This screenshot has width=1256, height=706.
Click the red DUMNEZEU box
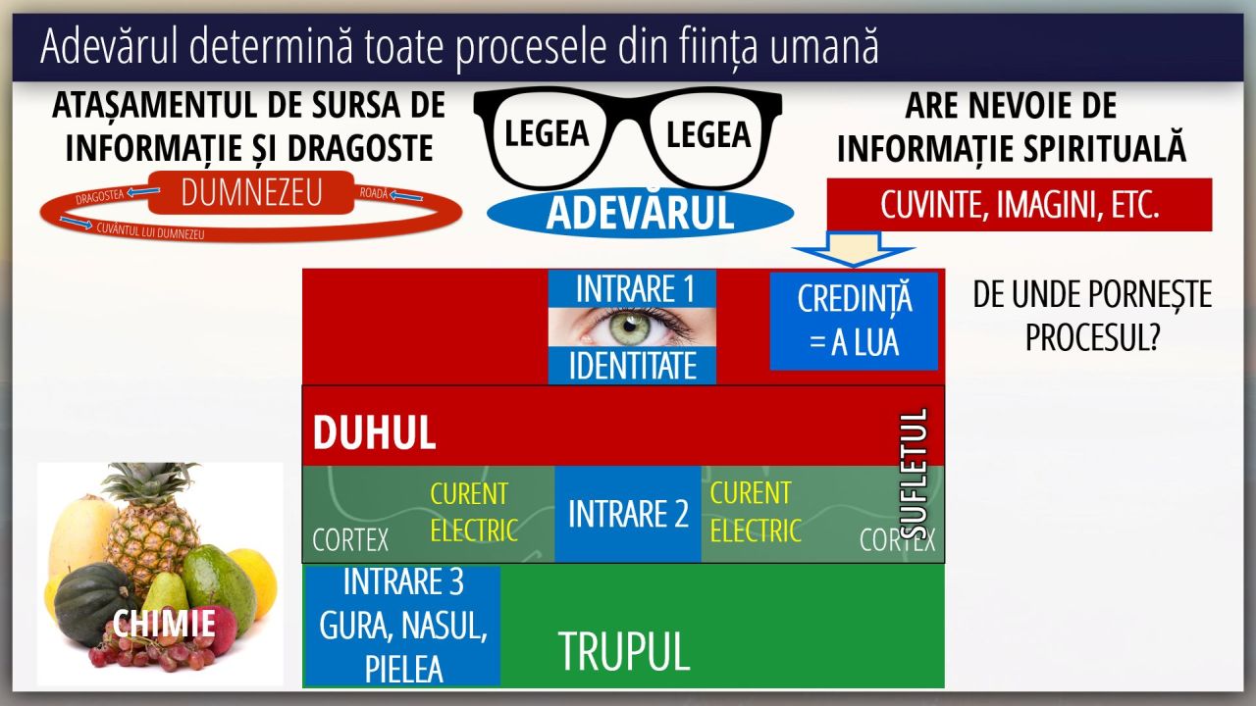(251, 192)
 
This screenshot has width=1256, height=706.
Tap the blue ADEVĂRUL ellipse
(641, 213)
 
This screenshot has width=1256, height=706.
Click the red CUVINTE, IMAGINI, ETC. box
(1020, 205)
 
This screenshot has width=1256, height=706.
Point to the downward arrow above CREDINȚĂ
(854, 249)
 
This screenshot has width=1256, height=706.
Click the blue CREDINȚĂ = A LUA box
(854, 321)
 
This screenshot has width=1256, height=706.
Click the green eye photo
(633, 327)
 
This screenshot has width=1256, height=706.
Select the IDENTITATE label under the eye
(633, 366)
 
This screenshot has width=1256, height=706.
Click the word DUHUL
(374, 432)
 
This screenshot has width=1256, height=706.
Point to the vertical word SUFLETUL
(914, 474)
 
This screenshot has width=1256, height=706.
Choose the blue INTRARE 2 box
(628, 514)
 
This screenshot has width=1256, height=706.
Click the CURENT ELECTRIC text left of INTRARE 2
(474, 512)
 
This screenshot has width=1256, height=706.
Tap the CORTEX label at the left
(350, 540)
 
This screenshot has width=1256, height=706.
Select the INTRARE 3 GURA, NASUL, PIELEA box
(402, 626)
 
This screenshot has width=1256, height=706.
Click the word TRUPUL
(624, 650)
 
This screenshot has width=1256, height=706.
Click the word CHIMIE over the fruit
(164, 623)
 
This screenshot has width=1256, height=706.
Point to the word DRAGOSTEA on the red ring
(100, 197)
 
